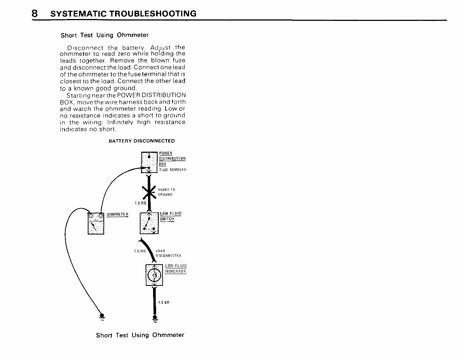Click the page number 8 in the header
coord(35,14)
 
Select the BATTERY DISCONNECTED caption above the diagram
coord(142,141)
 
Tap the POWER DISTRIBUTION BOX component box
coord(149,162)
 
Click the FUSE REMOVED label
coord(172,169)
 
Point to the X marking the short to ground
coord(149,193)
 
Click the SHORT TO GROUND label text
coord(166,192)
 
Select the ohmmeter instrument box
coord(95,223)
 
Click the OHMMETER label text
coord(117,214)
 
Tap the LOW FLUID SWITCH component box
coord(149,223)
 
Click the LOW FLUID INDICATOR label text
coord(176,268)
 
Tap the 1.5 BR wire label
coord(164,303)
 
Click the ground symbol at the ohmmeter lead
coord(102,316)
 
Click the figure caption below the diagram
coord(140,335)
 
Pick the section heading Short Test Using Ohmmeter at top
coord(104,35)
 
